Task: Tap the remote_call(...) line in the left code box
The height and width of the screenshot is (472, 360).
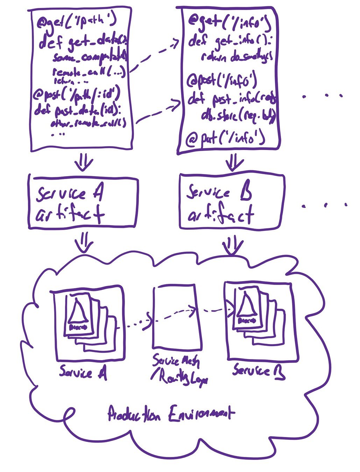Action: click(x=89, y=73)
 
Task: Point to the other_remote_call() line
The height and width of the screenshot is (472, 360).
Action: click(x=87, y=123)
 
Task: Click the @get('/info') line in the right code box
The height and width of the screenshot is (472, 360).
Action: click(x=229, y=21)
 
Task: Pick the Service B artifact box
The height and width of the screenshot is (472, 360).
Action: click(x=232, y=202)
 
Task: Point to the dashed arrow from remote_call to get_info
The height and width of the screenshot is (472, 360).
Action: click(x=154, y=56)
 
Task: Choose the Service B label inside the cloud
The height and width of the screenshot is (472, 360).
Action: click(x=259, y=371)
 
